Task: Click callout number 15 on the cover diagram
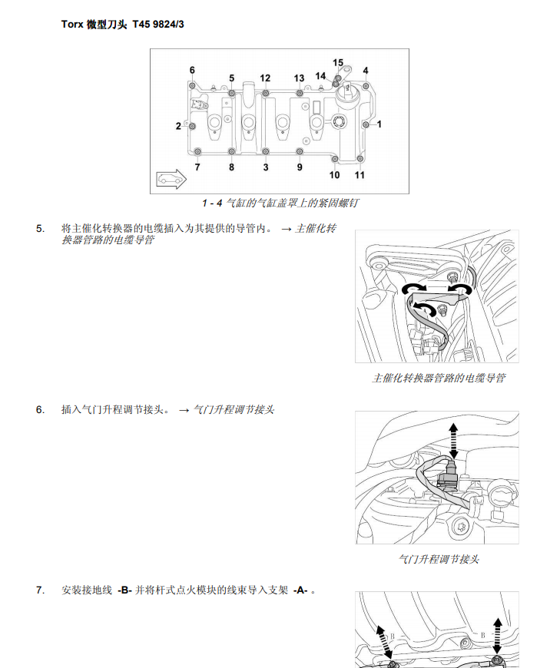[x=338, y=62]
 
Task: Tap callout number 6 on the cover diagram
[x=192, y=71]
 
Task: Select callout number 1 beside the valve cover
[x=379, y=123]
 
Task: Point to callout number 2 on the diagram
[x=178, y=126]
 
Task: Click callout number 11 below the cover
[x=360, y=175]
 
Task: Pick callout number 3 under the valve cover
[x=266, y=167]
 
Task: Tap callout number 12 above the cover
[x=265, y=78]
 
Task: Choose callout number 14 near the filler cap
[x=320, y=76]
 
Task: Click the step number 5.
[x=40, y=229]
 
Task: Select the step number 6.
[x=40, y=409]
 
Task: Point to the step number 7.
[x=40, y=590]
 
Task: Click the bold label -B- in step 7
[x=125, y=590]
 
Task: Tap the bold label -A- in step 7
[x=300, y=590]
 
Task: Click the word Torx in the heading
[x=72, y=25]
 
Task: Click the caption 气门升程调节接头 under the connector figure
[x=439, y=560]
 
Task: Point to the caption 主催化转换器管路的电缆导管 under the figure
[x=439, y=379]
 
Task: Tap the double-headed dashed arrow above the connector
[x=452, y=438]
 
